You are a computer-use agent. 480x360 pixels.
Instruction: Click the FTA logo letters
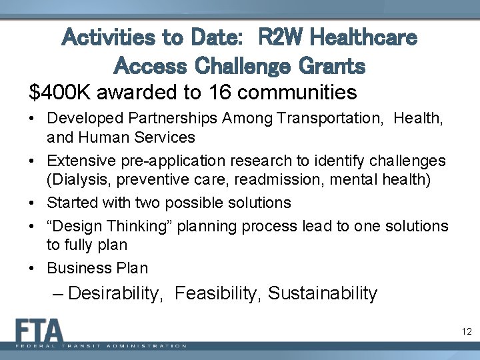point(40,331)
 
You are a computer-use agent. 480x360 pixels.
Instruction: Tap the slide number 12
point(466,331)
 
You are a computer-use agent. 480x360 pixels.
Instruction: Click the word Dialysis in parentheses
point(77,180)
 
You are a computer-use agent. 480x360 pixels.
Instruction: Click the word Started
point(71,202)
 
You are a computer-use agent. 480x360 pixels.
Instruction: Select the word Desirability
point(115,293)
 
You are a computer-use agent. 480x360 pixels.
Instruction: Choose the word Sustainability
point(323,293)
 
